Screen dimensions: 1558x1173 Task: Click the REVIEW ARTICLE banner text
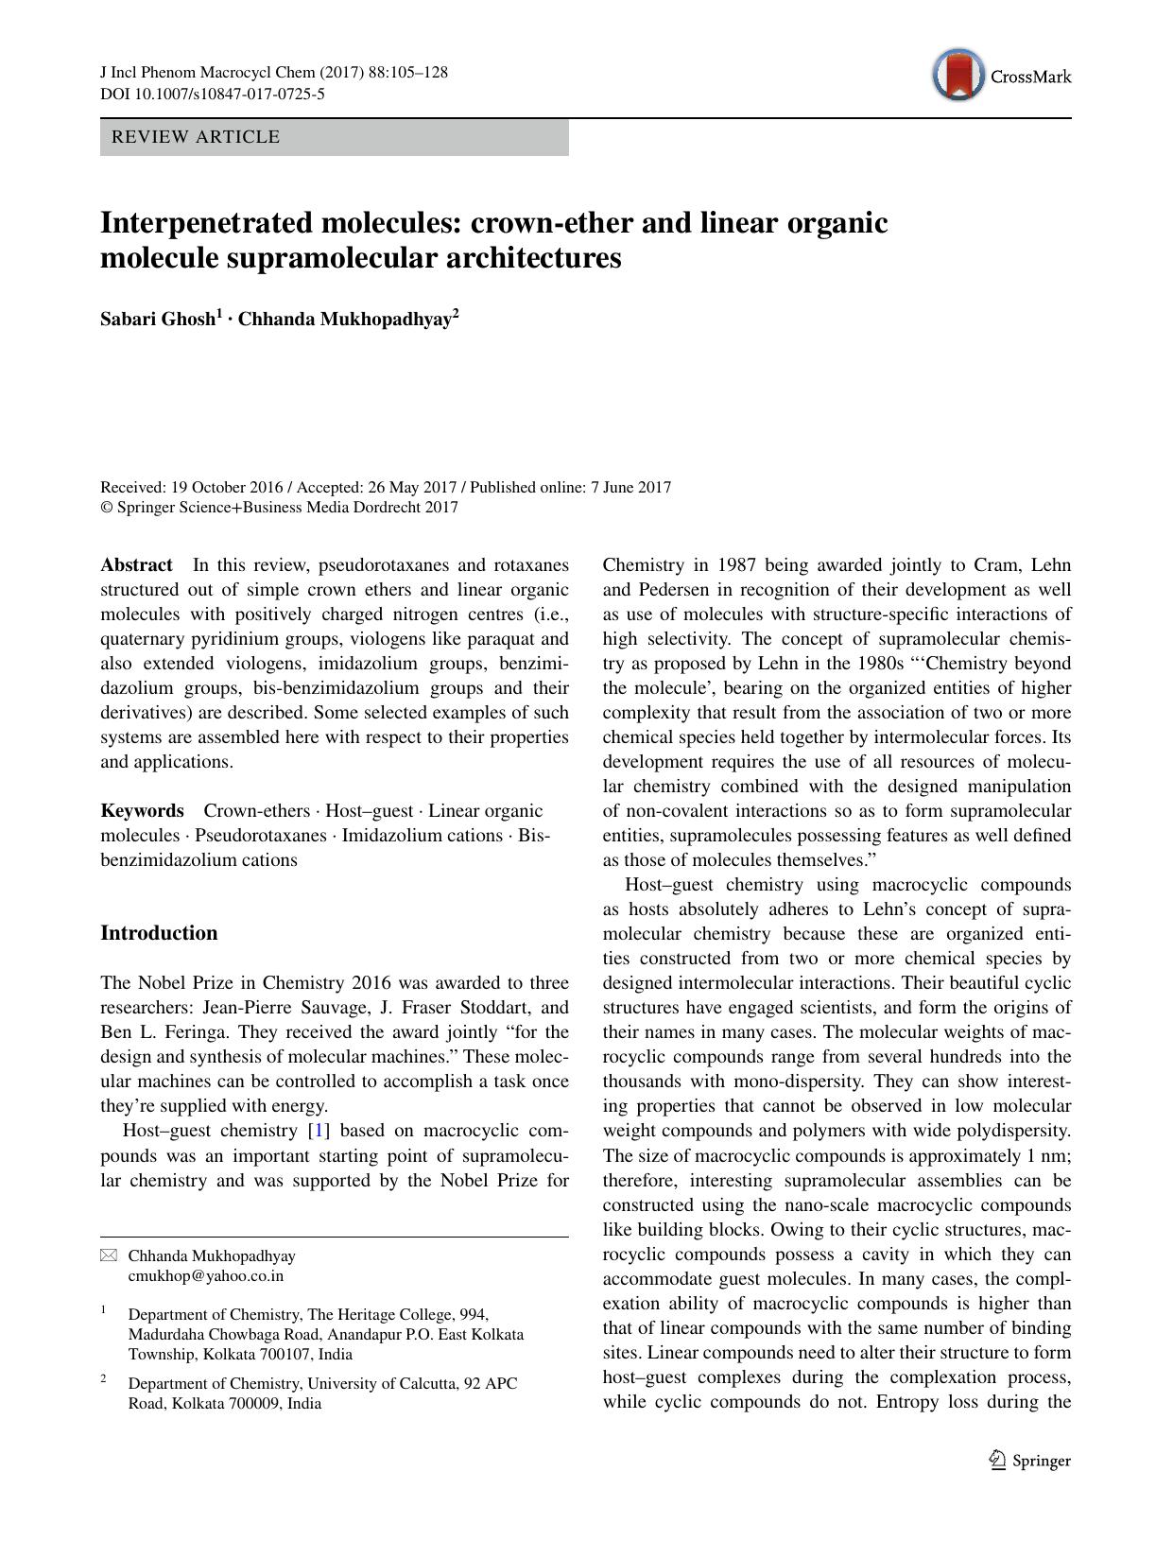[x=196, y=137]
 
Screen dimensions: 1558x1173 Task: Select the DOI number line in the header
[x=213, y=94]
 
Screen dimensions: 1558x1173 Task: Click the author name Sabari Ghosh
[x=158, y=320]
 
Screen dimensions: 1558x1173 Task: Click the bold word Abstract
[x=136, y=565]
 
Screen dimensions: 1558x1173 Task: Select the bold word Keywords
[x=142, y=811]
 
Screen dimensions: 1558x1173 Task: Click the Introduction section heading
[x=159, y=933]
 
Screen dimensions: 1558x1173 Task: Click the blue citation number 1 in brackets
[x=320, y=1131]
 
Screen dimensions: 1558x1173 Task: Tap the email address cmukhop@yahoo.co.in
[x=205, y=1275]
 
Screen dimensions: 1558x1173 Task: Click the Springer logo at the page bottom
[x=1029, y=1461]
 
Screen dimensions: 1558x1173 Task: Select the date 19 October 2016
[x=227, y=488]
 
